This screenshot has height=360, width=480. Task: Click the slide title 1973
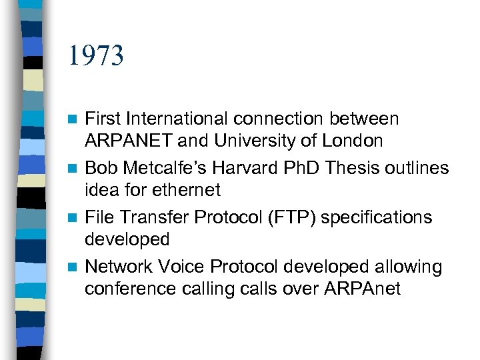pos(95,57)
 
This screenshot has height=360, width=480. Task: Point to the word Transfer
pos(158,217)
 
